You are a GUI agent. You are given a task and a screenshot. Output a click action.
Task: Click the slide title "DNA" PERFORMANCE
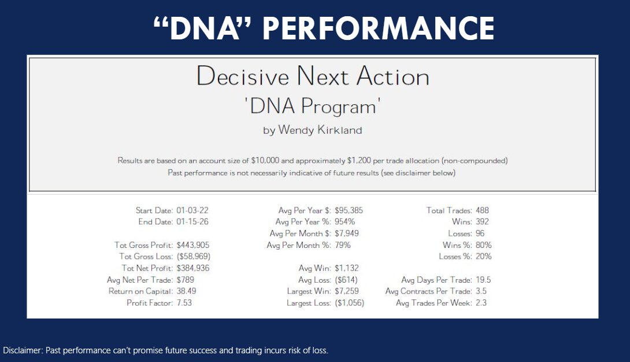point(324,28)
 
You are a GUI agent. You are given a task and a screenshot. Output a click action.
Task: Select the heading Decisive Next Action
point(313,76)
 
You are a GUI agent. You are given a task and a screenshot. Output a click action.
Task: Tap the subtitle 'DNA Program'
point(312,107)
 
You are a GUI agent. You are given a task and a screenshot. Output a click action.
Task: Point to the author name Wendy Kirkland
point(320,130)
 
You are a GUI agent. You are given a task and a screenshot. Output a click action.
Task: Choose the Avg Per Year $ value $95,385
point(349,210)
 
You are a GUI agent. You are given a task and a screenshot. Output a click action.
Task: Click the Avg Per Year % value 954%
point(344,222)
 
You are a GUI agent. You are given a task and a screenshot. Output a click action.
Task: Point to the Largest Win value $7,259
point(347,291)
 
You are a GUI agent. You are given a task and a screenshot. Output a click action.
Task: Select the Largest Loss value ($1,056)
point(349,303)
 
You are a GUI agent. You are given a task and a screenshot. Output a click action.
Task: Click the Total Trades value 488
point(482,210)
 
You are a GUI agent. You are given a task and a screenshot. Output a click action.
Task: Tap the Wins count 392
point(482,222)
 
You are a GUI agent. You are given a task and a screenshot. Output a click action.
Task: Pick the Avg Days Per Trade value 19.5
point(483,280)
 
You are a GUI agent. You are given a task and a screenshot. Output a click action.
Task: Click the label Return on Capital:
point(140,291)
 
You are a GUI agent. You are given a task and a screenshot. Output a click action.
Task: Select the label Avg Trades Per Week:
point(433,303)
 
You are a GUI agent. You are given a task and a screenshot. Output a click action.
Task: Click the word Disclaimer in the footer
point(22,350)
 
